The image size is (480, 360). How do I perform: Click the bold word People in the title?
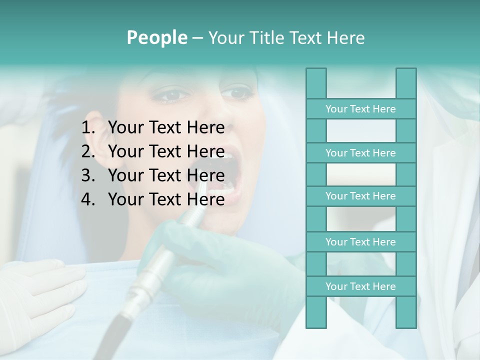tap(157, 37)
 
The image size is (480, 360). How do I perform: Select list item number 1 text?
tap(166, 128)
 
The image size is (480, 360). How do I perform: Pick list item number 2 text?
tap(166, 151)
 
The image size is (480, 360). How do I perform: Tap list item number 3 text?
tap(166, 175)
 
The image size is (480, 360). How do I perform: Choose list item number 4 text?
tap(166, 199)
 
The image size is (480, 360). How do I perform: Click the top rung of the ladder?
tap(360, 109)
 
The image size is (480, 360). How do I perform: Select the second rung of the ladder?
tap(360, 153)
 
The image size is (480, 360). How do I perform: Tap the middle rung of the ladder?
tap(360, 196)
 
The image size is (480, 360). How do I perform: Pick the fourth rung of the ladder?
tap(360, 242)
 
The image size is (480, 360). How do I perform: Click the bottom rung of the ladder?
tap(360, 286)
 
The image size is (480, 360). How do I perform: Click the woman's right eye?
tap(173, 94)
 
